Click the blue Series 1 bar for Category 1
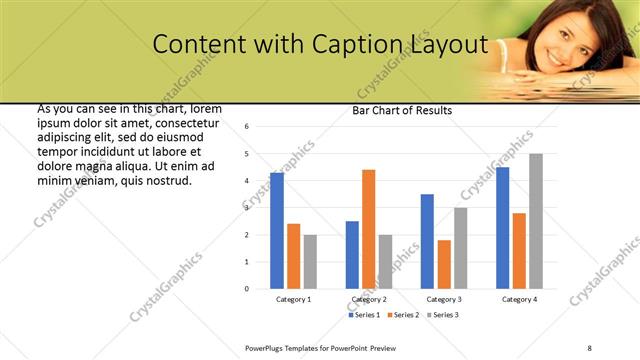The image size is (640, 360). [x=277, y=231]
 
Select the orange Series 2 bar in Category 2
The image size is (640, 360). [x=368, y=229]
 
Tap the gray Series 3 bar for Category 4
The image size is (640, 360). [x=536, y=221]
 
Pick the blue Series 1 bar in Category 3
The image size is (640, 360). [x=427, y=241]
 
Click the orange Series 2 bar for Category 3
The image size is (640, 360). [x=444, y=264]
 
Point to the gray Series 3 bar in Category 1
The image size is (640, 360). [x=310, y=262]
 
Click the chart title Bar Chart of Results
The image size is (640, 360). [x=402, y=110]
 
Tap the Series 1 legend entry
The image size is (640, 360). [x=364, y=315]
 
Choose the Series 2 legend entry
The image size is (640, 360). [x=403, y=315]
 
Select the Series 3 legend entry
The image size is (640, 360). [x=442, y=315]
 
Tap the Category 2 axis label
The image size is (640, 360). [x=369, y=299]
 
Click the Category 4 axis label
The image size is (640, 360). [x=519, y=299]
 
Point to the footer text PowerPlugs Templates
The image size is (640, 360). [x=286, y=347]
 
